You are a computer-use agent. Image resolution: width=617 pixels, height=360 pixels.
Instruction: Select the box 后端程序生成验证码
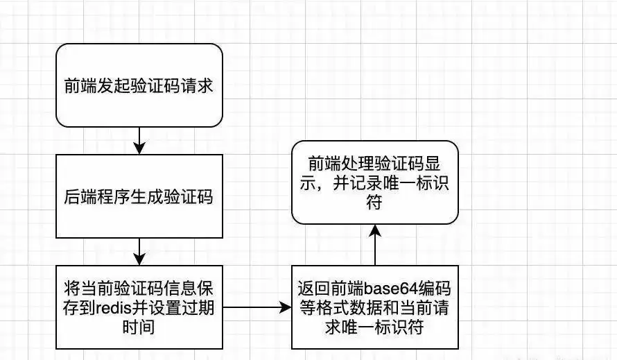point(139,196)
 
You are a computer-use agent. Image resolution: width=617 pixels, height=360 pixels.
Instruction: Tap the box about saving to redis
point(139,307)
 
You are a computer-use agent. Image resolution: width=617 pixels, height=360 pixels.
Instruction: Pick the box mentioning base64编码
point(374,307)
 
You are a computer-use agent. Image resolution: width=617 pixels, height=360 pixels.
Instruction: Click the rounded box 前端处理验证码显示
point(374,182)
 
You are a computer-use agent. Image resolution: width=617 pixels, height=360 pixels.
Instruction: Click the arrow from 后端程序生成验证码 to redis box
point(139,251)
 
